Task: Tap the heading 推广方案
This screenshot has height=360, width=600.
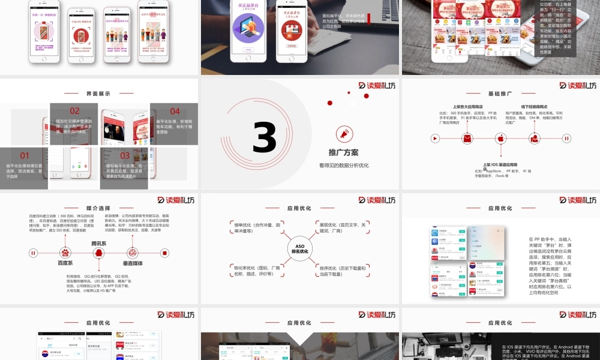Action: pos(344,152)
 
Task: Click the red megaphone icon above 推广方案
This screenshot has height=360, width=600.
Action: pos(344,133)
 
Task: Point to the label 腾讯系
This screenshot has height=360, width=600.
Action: pos(98,244)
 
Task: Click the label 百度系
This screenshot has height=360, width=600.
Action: pos(65,263)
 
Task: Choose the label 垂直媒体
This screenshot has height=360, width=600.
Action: pos(133,263)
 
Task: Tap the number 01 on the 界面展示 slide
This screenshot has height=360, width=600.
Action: pos(25,155)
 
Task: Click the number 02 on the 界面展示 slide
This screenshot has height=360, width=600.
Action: pos(74,110)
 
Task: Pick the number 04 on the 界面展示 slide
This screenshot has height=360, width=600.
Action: pos(175,111)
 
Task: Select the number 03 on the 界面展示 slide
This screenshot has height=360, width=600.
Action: pos(125,155)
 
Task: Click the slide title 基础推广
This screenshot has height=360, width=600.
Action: pos(500,94)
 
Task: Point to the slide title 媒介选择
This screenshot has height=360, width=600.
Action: pos(98,208)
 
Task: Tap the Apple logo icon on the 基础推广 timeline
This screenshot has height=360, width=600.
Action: pos(500,139)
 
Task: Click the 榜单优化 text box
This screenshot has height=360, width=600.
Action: pos(257,227)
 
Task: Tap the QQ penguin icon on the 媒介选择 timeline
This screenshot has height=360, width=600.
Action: pos(98,253)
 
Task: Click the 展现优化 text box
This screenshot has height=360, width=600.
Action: pos(343,227)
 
